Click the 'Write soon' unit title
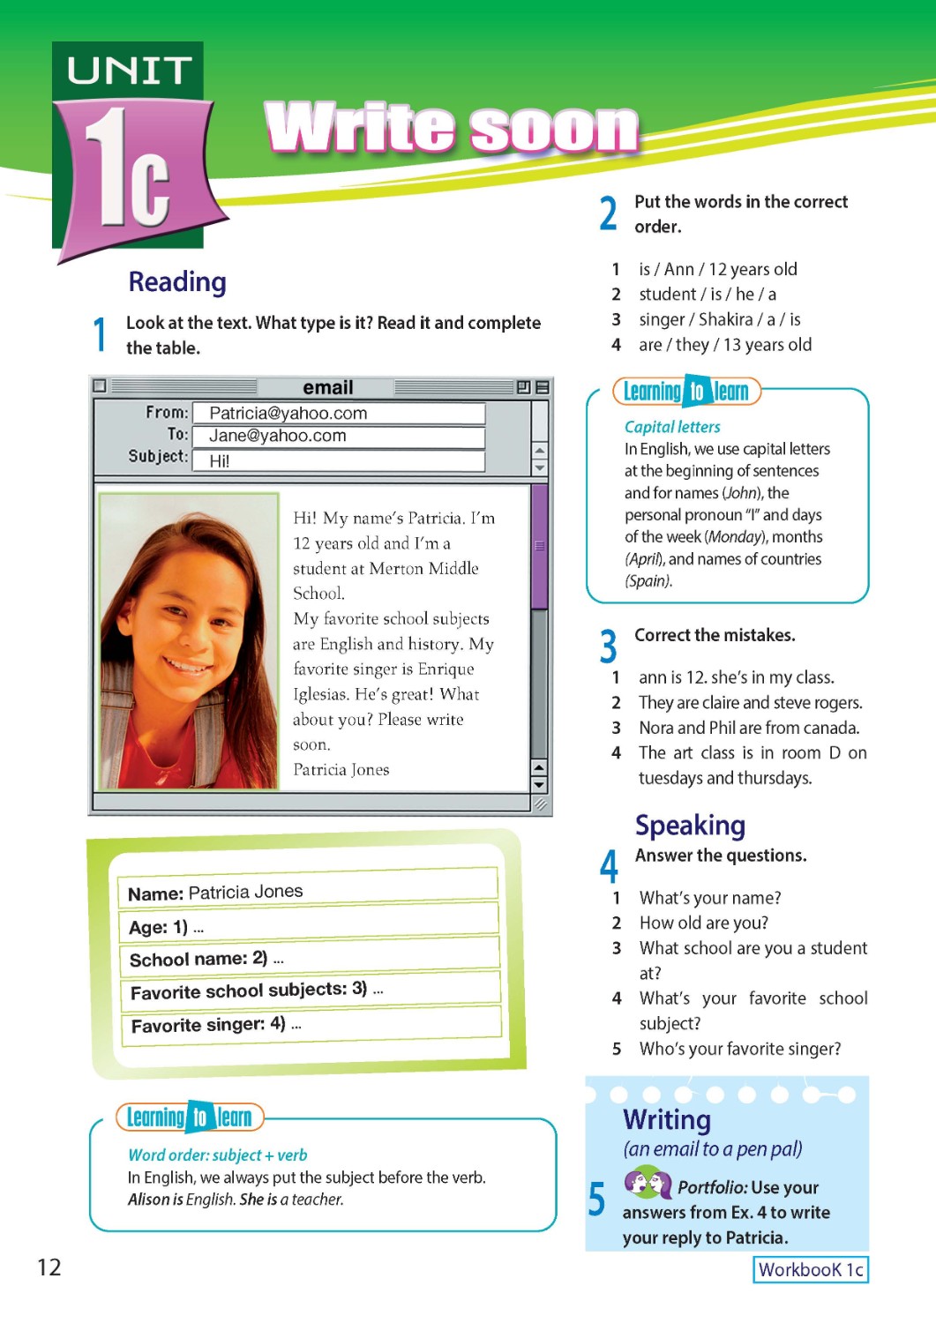(x=452, y=129)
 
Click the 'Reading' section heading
(x=177, y=282)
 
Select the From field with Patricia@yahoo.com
(x=338, y=414)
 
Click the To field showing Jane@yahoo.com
(x=338, y=436)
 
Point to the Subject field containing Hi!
(x=338, y=460)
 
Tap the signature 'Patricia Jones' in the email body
(x=341, y=770)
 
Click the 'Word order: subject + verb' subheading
(x=218, y=1155)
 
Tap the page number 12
(x=49, y=1267)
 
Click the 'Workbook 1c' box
(x=810, y=1269)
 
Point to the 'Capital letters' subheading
(x=672, y=427)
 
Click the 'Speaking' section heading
(x=690, y=826)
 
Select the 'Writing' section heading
(x=667, y=1120)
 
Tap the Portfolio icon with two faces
(x=648, y=1183)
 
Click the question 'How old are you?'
(x=703, y=923)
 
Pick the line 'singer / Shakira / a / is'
(x=719, y=319)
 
